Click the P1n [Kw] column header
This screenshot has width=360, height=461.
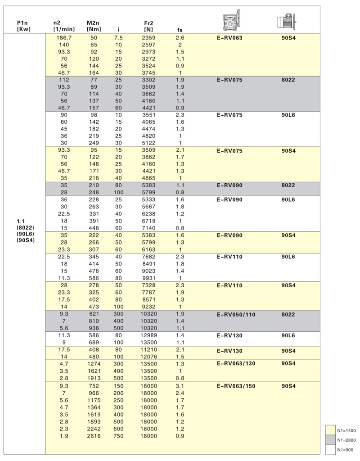click(x=23, y=25)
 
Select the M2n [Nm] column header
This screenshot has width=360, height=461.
click(x=94, y=25)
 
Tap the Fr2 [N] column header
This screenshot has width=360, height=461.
click(x=149, y=25)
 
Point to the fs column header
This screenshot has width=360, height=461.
click(x=180, y=31)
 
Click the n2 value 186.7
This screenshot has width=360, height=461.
click(x=64, y=38)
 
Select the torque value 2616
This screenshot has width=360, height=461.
click(x=94, y=436)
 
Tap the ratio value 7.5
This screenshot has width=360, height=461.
click(x=118, y=38)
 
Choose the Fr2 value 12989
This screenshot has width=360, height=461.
click(x=149, y=335)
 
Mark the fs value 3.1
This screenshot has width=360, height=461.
click(x=180, y=385)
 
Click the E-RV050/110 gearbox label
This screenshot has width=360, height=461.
click(x=236, y=315)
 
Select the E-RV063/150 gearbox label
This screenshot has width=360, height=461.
click(x=236, y=386)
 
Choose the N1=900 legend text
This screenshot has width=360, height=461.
click(x=346, y=449)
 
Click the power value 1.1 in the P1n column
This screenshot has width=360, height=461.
click(x=20, y=221)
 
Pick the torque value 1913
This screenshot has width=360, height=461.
click(x=94, y=378)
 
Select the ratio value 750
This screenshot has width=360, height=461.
click(x=118, y=436)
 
